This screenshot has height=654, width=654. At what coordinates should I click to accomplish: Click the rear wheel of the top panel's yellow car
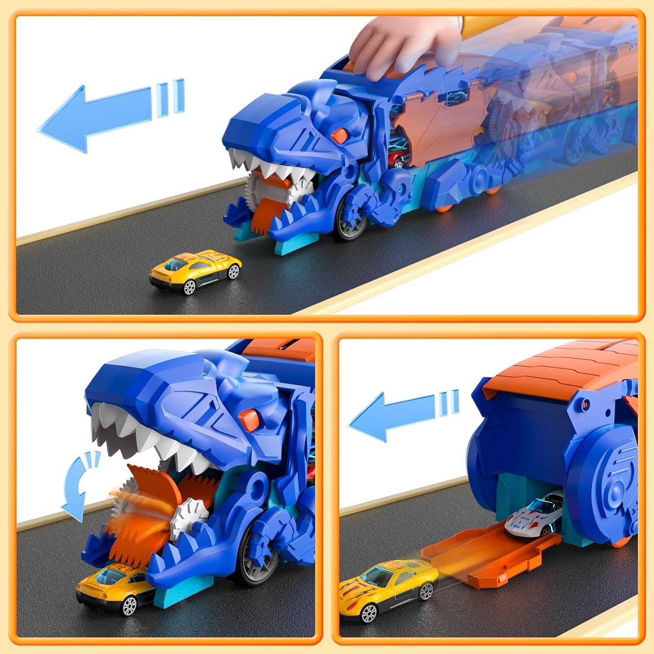234,271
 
